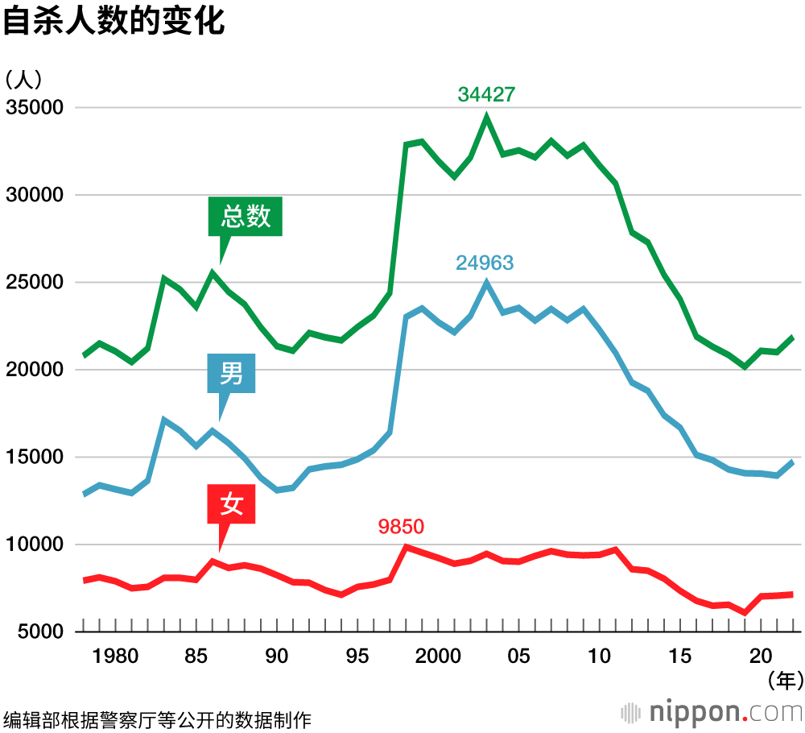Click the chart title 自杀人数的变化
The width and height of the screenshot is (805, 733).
[x=114, y=22]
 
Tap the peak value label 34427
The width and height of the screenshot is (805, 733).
[x=486, y=94]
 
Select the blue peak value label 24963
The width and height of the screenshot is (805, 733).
[x=485, y=263]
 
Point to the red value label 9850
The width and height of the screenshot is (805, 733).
[x=401, y=527]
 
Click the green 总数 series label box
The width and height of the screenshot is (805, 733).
[x=246, y=217]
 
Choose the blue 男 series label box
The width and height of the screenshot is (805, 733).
[x=231, y=374]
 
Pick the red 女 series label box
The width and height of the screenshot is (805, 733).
[x=232, y=505]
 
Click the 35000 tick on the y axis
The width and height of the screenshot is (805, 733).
[x=35, y=108]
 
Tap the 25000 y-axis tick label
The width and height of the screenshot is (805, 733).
[x=35, y=283]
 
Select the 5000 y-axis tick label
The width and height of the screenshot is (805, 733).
[x=40, y=632]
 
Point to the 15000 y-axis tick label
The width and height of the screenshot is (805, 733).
[x=35, y=458]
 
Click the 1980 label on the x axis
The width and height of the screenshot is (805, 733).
[x=116, y=656]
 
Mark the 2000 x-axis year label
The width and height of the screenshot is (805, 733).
[x=438, y=656]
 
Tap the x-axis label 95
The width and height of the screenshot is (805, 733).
[x=357, y=656]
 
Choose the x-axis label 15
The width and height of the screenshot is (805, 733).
[x=679, y=656]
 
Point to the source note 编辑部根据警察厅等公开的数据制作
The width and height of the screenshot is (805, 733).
[x=157, y=719]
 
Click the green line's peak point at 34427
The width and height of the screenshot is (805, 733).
[x=486, y=117]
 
